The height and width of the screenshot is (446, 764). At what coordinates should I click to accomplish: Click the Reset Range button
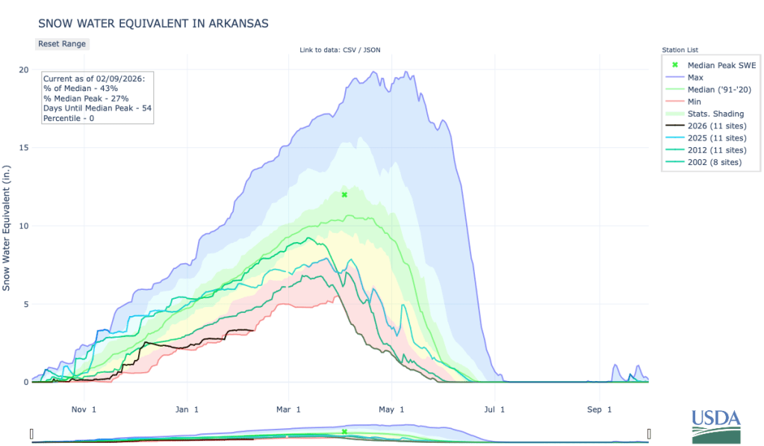point(62,44)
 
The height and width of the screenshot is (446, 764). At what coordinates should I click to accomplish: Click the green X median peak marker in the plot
point(344,195)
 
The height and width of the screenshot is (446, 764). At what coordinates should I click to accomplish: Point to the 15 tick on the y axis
point(24,148)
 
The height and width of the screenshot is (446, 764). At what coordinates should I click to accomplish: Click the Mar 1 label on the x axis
point(288,409)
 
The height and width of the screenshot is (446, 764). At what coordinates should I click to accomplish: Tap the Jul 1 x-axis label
point(492,409)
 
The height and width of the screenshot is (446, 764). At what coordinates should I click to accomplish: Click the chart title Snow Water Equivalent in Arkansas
point(152,24)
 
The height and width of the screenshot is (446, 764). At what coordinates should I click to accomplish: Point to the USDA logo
point(716,427)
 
